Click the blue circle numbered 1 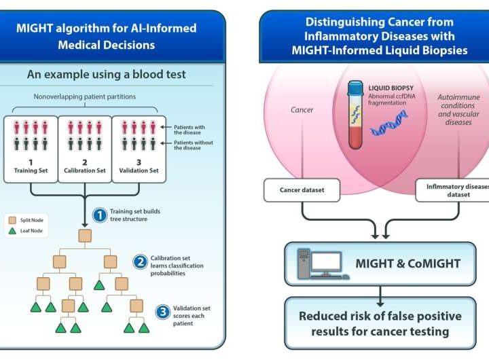pyautogui.click(x=99, y=215)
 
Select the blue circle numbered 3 pyautogui.click(x=162, y=312)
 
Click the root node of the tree pyautogui.click(x=86, y=236)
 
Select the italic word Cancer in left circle pyautogui.click(x=301, y=110)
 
